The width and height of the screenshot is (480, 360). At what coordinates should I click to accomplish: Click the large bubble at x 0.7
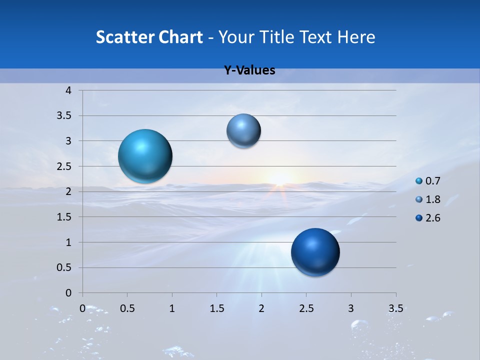pyautogui.click(x=145, y=156)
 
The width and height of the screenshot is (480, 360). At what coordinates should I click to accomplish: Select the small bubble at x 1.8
pyautogui.click(x=243, y=130)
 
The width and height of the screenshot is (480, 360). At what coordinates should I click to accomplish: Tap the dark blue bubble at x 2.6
pyautogui.click(x=315, y=252)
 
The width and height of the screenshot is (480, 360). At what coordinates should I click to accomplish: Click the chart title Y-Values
pyautogui.click(x=249, y=70)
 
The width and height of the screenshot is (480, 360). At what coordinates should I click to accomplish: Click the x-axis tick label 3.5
pyautogui.click(x=395, y=308)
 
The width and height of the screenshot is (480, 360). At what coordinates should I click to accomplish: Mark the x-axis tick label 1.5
pyautogui.click(x=217, y=308)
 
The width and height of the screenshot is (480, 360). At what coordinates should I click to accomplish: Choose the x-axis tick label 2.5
pyautogui.click(x=306, y=308)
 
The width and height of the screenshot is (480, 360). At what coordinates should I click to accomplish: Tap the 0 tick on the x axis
pyautogui.click(x=83, y=308)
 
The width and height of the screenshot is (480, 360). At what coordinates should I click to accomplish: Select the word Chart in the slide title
pyautogui.click(x=179, y=37)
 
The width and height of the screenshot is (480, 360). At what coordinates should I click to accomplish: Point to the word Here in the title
pyautogui.click(x=356, y=37)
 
